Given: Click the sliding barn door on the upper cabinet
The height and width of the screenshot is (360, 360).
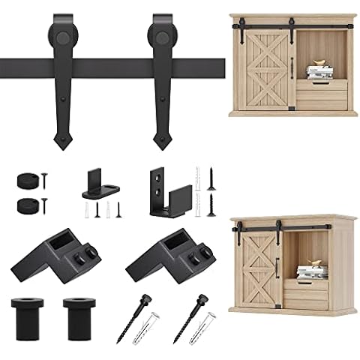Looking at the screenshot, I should (268, 72).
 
